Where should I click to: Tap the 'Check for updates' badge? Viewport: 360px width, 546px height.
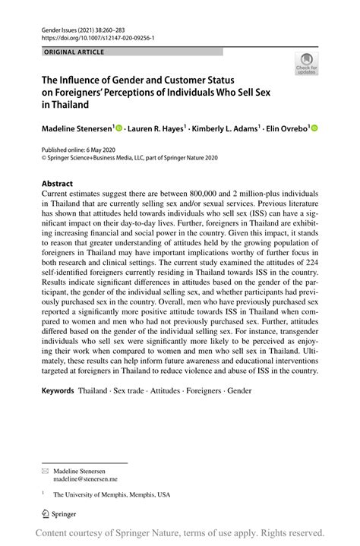pos(308,65)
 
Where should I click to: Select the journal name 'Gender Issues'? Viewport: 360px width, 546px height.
pos(59,27)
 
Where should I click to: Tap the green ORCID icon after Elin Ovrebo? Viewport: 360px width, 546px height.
pos(314,129)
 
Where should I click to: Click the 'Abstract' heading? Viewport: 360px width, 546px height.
pos(58,183)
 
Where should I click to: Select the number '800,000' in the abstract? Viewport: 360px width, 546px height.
pos(219,194)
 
